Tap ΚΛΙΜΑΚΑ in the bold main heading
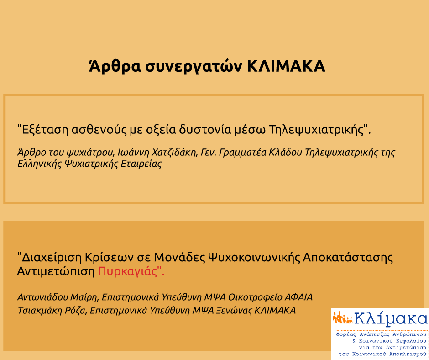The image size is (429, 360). (x=286, y=67)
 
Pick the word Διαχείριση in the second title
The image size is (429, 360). (x=52, y=258)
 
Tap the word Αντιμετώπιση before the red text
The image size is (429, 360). (x=56, y=272)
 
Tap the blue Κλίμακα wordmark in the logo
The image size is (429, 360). (x=391, y=318)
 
